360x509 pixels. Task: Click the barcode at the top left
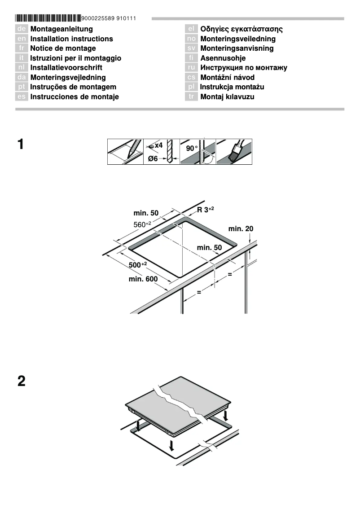(x=48, y=18)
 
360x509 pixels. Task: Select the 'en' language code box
(x=22, y=39)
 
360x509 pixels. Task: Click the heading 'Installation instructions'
(x=71, y=39)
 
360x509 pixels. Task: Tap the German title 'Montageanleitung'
(x=61, y=29)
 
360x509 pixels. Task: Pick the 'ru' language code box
(x=191, y=68)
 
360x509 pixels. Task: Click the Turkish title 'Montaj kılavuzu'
(x=227, y=97)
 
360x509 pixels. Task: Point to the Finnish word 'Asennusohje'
(x=223, y=58)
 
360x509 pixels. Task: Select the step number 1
(x=21, y=145)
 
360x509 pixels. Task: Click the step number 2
(x=21, y=382)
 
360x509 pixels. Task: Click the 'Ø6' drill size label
(x=153, y=159)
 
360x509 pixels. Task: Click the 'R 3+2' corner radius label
(x=206, y=210)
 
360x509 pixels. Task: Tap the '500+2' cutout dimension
(x=138, y=265)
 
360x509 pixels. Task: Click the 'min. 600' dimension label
(x=143, y=279)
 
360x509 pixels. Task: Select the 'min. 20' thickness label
(x=241, y=229)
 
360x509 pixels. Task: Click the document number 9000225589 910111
(x=109, y=18)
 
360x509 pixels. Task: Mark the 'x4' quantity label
(x=158, y=146)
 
